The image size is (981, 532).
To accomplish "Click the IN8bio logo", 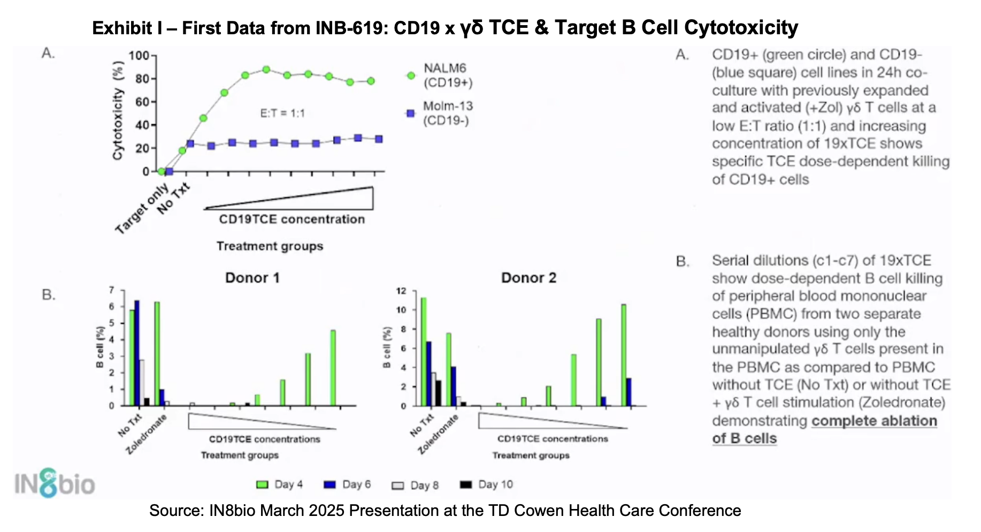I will [54, 484].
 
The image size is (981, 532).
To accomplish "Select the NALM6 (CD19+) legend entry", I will [447, 75].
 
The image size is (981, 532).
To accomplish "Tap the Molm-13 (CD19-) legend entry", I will [447, 113].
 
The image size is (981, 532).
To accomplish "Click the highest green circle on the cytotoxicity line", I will [266, 70].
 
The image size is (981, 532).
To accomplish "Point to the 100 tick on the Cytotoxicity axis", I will [139, 56].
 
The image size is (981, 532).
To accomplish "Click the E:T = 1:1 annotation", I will [282, 113].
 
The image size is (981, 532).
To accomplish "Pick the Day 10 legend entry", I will [486, 484].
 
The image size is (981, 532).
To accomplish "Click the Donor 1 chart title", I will [252, 278].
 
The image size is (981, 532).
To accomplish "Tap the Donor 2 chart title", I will [528, 278].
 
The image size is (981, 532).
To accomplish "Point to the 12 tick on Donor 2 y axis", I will [401, 291].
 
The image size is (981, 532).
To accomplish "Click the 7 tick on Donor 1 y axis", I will [112, 290].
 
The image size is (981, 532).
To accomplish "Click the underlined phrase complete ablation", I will [874, 421].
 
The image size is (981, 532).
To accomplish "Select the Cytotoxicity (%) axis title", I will [118, 110].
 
